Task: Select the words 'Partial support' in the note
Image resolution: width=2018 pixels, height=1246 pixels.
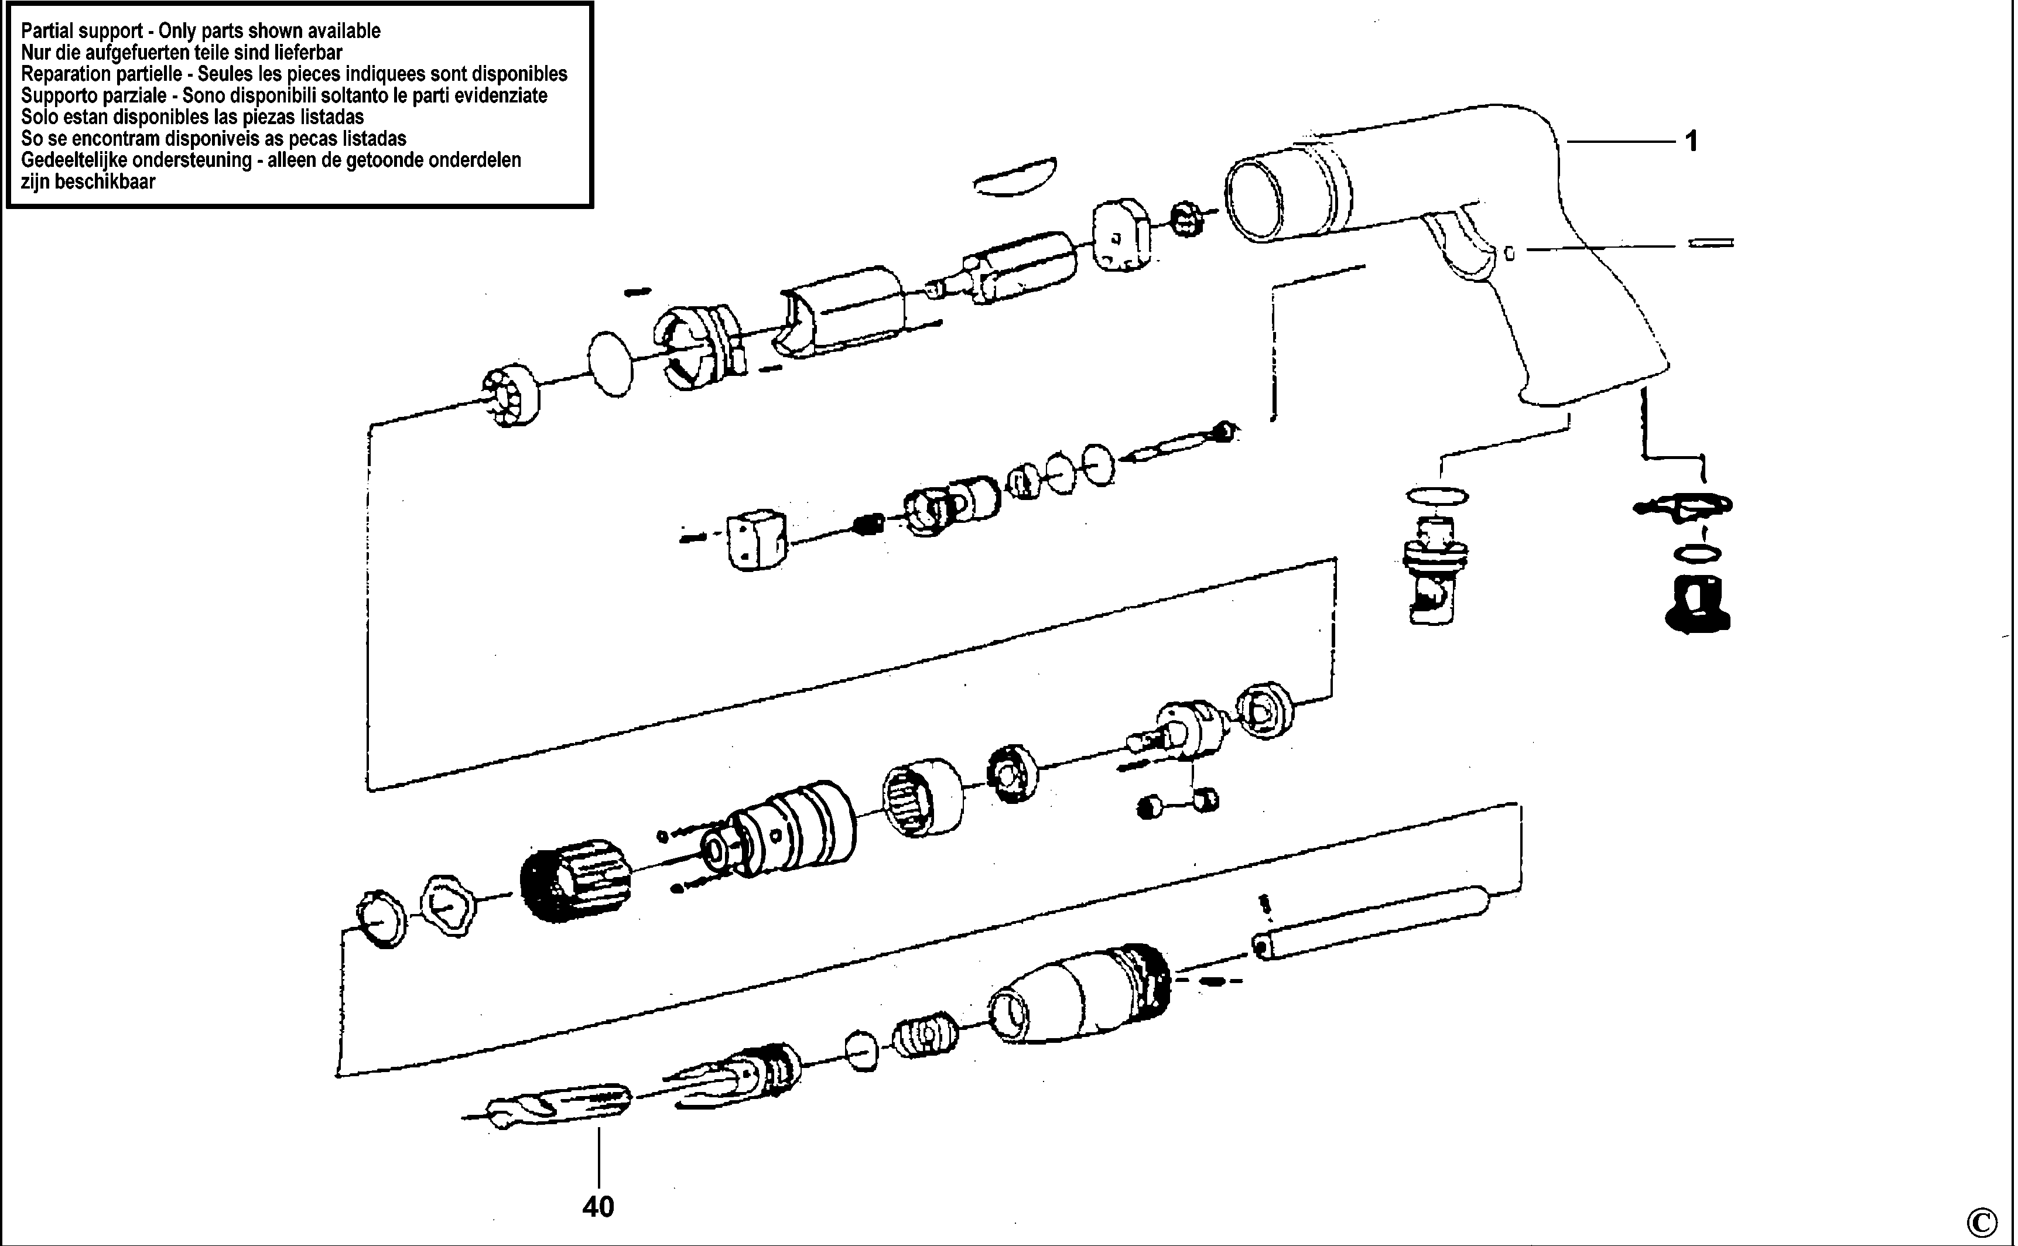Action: point(81,31)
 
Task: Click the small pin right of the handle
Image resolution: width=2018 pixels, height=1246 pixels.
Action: point(1711,243)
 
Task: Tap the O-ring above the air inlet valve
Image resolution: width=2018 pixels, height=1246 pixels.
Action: point(1437,496)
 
